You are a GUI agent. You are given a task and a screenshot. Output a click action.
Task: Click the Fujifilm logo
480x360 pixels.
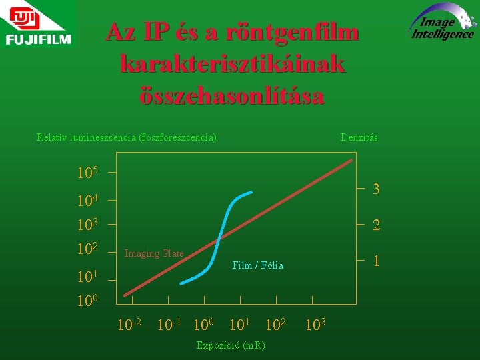(37, 28)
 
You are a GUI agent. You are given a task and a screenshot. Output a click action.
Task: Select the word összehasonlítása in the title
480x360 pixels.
(232, 96)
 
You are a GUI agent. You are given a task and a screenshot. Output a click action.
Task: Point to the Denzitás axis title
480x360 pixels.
(359, 137)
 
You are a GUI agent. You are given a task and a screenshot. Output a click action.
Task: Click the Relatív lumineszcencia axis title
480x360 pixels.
(126, 137)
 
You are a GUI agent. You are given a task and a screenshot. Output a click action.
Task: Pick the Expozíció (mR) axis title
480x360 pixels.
(231, 345)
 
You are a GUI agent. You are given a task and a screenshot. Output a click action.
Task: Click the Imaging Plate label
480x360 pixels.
(154, 253)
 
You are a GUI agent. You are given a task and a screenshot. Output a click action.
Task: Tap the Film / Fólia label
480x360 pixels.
(257, 265)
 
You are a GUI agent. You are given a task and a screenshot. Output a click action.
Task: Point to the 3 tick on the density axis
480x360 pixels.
(376, 189)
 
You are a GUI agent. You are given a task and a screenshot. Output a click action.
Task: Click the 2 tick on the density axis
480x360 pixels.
(376, 226)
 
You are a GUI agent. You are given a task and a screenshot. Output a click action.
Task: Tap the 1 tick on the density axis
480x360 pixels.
(376, 261)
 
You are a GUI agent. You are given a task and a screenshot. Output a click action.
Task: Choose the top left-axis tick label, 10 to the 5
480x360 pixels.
(87, 173)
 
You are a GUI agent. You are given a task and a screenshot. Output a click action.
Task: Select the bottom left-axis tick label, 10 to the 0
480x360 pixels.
(87, 301)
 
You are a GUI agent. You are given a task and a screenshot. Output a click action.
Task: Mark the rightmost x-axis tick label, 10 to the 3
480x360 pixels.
(316, 326)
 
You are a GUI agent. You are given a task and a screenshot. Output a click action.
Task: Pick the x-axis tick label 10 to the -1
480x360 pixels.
(169, 326)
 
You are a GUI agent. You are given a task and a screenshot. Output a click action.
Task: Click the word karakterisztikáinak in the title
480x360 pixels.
(232, 64)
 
